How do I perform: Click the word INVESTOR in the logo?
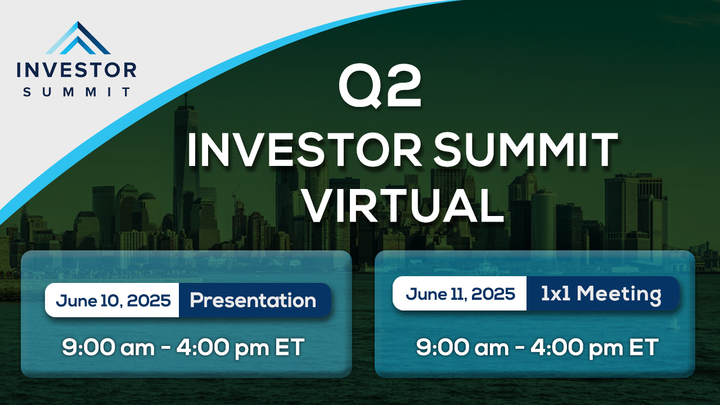point(76,70)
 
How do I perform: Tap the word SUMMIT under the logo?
point(77,92)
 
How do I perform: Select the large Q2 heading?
point(380,86)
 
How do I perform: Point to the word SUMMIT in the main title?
point(525,150)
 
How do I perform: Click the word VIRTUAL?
point(403,205)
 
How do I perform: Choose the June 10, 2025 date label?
point(113,300)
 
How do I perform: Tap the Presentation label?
point(253,301)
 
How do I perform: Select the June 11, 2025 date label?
point(460,294)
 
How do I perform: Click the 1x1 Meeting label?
point(601,294)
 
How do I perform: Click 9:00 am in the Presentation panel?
point(108,348)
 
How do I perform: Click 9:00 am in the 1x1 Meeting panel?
point(462,348)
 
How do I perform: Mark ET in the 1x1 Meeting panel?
point(644,347)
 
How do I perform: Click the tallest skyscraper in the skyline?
point(186,167)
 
